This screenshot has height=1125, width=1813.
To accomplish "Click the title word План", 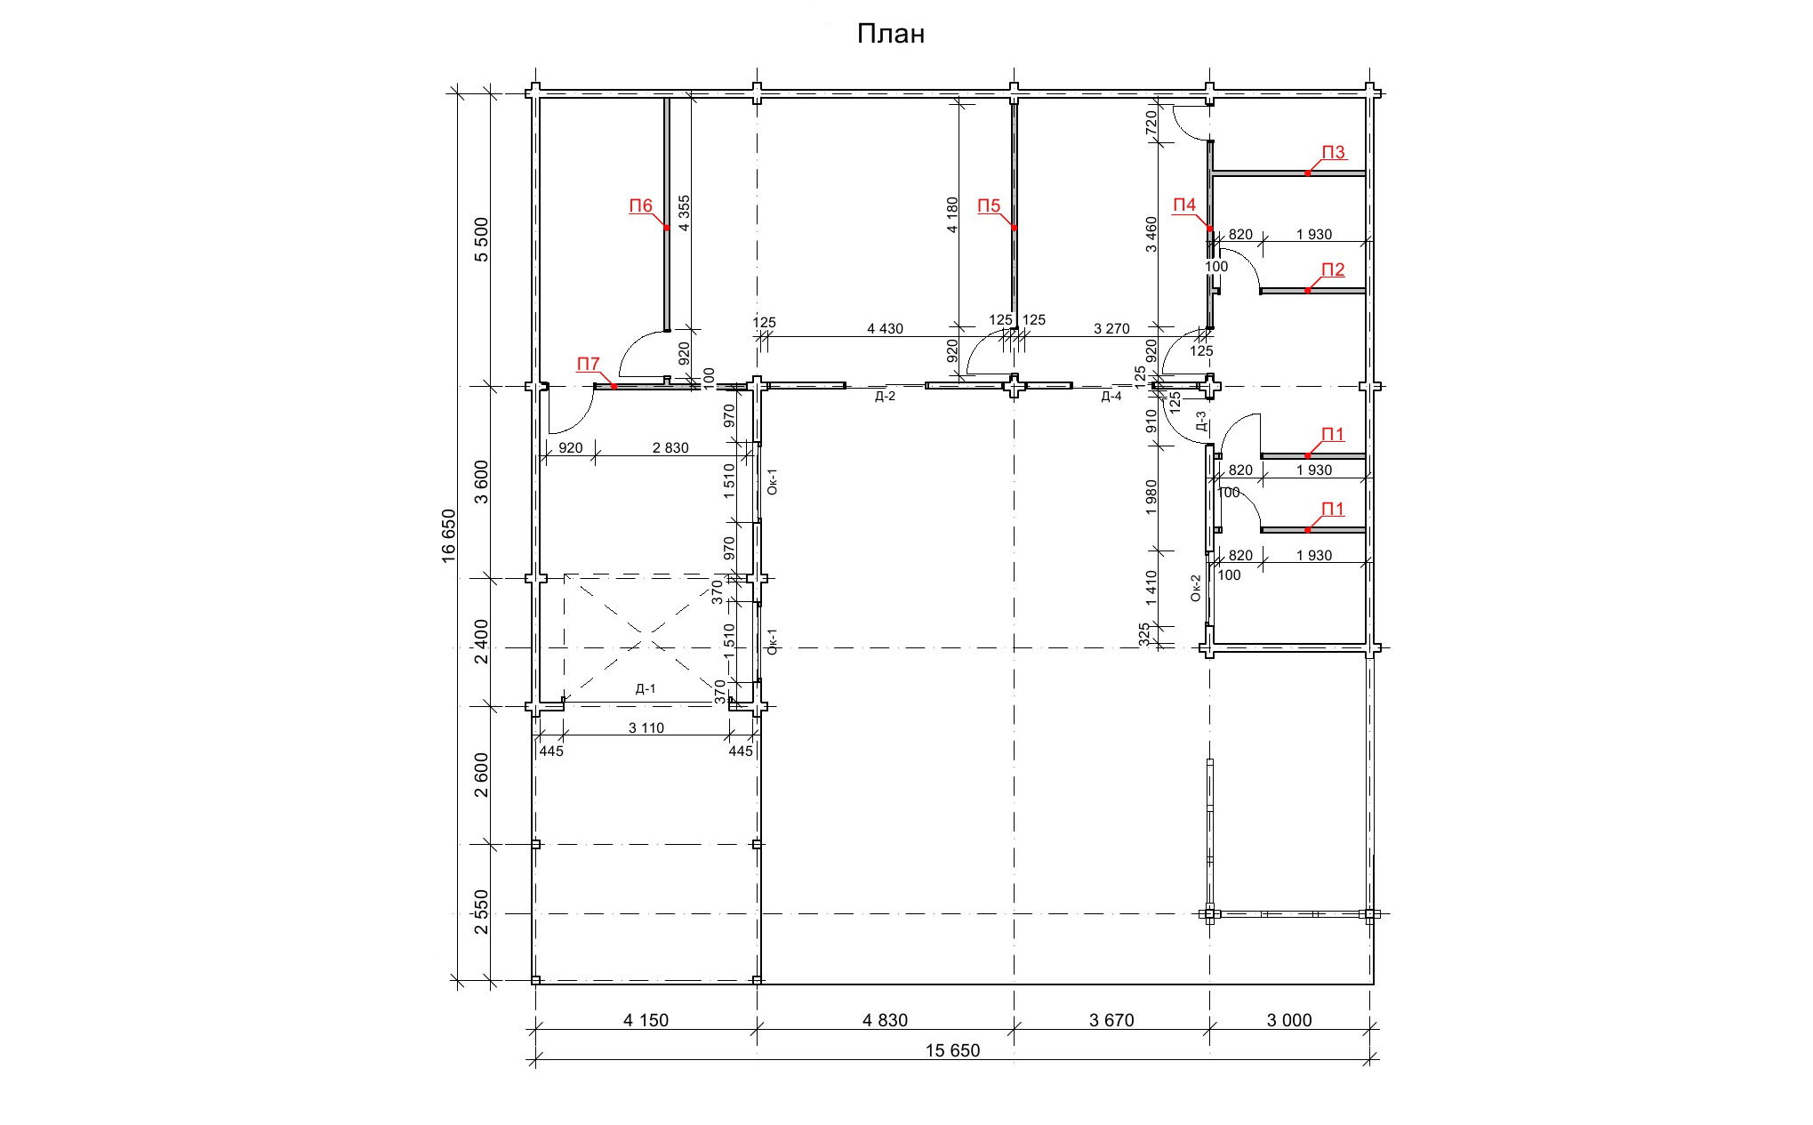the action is click(x=891, y=34).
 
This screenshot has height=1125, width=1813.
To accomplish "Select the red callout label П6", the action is click(x=641, y=206).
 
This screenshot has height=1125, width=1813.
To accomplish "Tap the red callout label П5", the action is click(x=989, y=206).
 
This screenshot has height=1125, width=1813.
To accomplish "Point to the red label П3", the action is click(x=1333, y=153).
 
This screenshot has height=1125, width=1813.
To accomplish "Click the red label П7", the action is click(x=589, y=365).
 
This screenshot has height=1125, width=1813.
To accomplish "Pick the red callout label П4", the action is click(x=1184, y=205).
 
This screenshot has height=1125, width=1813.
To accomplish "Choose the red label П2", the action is click(x=1333, y=270).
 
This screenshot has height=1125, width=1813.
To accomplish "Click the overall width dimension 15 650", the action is click(x=952, y=1050).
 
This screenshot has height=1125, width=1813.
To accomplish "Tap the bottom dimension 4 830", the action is click(x=885, y=1020).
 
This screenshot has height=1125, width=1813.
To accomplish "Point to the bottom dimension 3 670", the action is click(x=1111, y=1020).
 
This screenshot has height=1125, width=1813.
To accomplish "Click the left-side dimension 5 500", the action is click(x=482, y=239).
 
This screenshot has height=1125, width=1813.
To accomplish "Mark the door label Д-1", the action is click(x=646, y=689).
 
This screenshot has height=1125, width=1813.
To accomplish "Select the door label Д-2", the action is click(x=885, y=397).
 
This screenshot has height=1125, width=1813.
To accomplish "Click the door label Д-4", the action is click(x=1111, y=397).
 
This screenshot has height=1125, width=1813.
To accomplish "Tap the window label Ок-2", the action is click(x=1196, y=588).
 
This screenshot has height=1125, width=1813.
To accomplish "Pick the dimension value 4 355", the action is click(x=684, y=213).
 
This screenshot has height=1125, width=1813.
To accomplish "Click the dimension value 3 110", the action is click(x=646, y=728).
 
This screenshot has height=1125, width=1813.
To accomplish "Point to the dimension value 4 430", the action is click(x=885, y=329).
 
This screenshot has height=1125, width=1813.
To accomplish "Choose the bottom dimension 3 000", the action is click(x=1289, y=1020).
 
